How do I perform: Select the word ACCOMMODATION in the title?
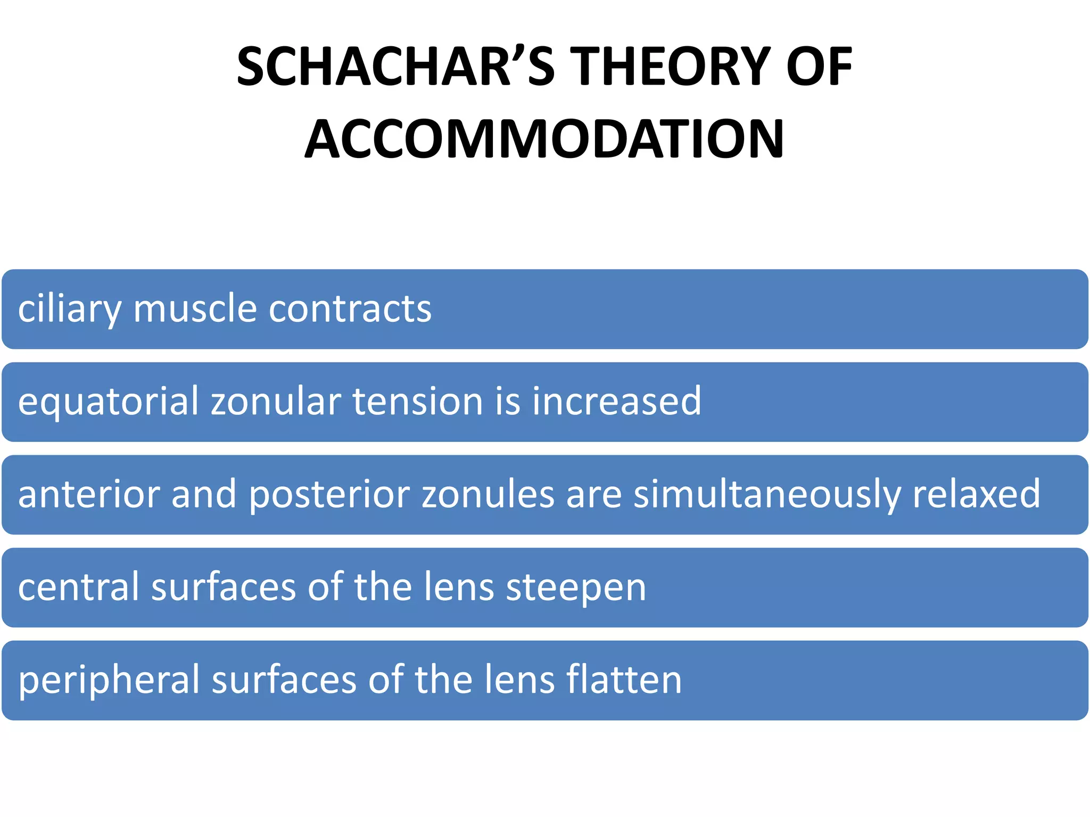pyautogui.click(x=544, y=139)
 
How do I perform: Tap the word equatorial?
pyautogui.click(x=108, y=402)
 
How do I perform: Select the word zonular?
pyautogui.click(x=276, y=401)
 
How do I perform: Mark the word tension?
pyautogui.click(x=417, y=401)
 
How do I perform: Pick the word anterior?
pyautogui.click(x=88, y=494)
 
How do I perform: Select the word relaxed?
pyautogui.click(x=976, y=494)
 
